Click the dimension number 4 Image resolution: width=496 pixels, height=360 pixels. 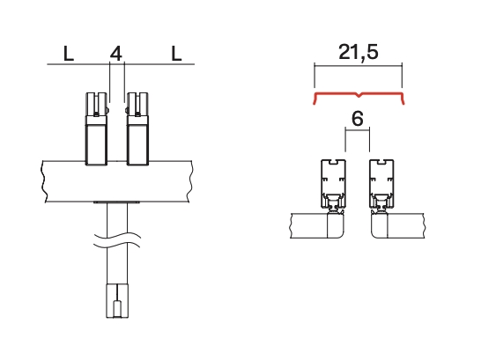click(115, 54)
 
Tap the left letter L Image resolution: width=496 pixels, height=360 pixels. click(69, 54)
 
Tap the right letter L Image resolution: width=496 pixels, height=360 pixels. click(176, 54)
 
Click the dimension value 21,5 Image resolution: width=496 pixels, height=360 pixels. click(358, 52)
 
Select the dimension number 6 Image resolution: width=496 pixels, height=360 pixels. click(358, 119)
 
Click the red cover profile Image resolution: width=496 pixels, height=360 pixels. click(359, 94)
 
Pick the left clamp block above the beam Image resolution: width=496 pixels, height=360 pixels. click(97, 129)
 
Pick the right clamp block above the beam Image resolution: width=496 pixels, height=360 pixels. click(137, 129)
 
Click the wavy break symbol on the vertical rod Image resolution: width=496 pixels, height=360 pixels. click(117, 239)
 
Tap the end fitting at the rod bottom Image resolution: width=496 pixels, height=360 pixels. click(117, 301)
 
